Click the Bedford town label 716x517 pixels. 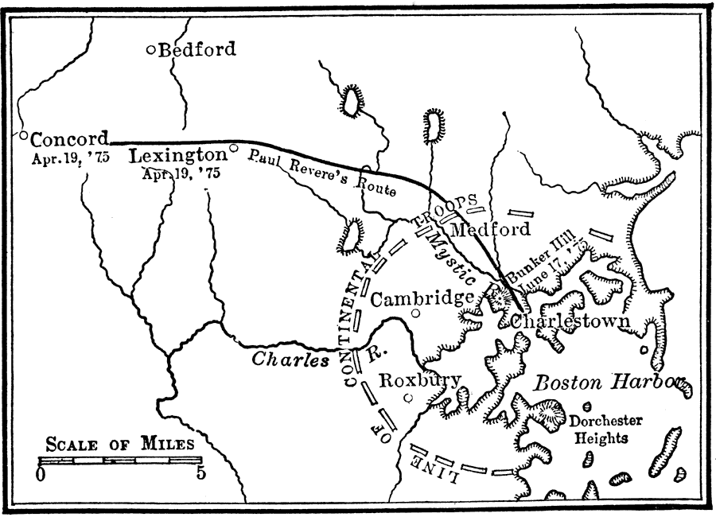[x=197, y=49]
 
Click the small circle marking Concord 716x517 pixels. [x=24, y=135]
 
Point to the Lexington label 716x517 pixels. [x=177, y=154]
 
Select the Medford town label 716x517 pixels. [x=490, y=230]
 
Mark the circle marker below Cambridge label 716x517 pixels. [x=415, y=313]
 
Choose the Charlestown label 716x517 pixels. [x=570, y=322]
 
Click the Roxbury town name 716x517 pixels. [x=418, y=380]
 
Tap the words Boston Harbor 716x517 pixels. [x=609, y=383]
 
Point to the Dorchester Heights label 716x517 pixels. [x=605, y=430]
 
